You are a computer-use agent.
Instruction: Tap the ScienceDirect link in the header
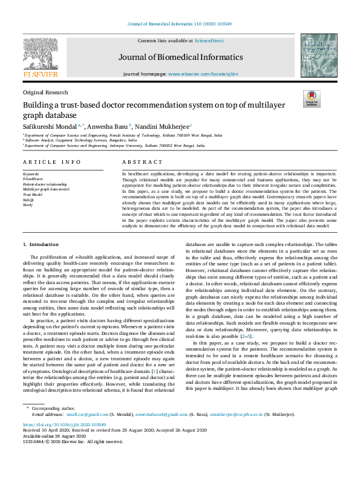(209, 41)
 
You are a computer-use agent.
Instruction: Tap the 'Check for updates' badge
(312, 98)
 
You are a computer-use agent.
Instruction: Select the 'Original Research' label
(45, 92)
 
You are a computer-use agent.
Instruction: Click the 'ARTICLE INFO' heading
(51, 162)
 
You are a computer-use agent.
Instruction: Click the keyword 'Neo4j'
(28, 205)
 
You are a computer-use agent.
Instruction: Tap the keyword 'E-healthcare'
(33, 178)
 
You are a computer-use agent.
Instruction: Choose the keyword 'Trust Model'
(33, 195)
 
